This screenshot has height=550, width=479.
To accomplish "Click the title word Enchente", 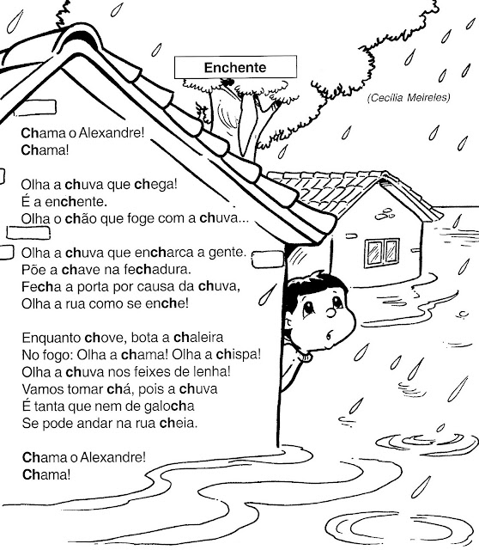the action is click(x=235, y=67).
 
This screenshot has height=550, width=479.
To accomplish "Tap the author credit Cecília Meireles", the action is click(x=409, y=97).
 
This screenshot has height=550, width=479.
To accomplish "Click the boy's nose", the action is click(x=330, y=312).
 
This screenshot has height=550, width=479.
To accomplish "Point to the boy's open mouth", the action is click(x=329, y=336).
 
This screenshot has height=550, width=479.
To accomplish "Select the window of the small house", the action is click(x=382, y=253).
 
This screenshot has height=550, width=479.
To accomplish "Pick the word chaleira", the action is click(x=198, y=338).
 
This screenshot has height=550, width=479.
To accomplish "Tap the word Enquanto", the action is click(x=52, y=338).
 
